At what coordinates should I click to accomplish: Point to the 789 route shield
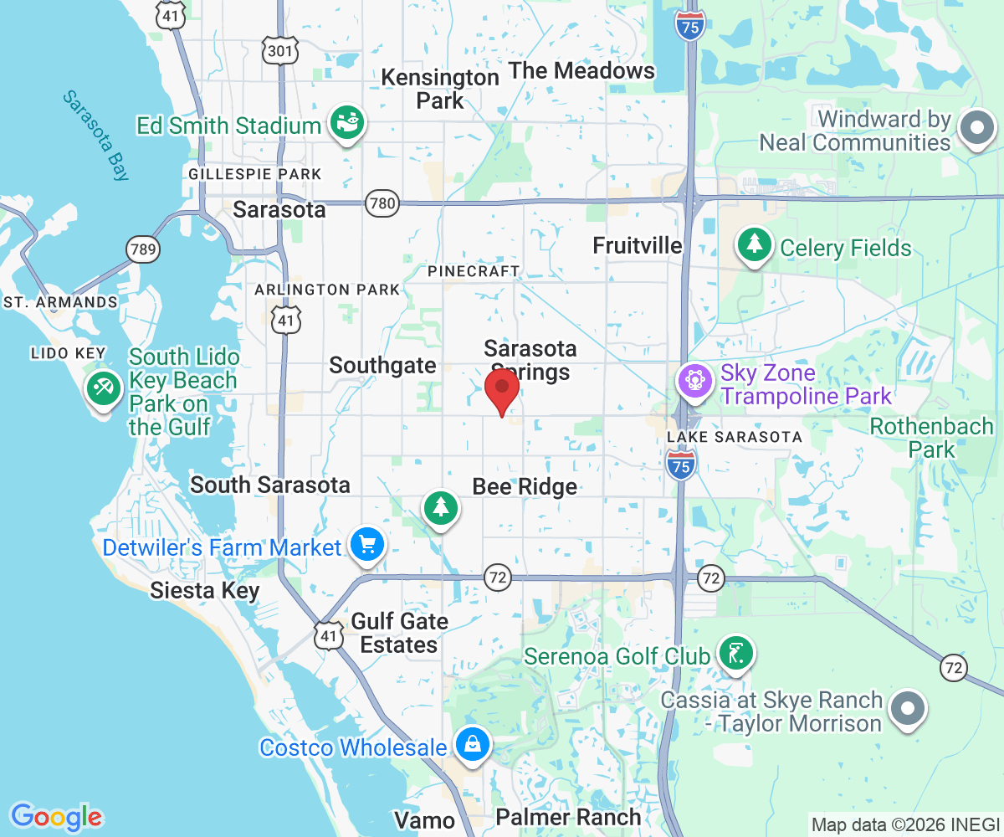tap(143, 249)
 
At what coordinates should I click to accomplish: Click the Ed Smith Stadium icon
tap(346, 126)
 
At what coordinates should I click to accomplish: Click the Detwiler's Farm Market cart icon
tap(366, 546)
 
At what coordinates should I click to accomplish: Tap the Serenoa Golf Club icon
tap(735, 654)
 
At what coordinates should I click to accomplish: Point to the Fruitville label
tap(638, 245)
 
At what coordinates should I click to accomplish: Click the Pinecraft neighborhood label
tap(474, 271)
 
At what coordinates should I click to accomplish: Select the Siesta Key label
tap(205, 591)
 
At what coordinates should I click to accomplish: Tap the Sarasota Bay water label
tap(96, 135)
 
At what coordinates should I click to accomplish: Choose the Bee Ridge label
tap(525, 486)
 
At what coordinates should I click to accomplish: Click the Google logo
tap(56, 816)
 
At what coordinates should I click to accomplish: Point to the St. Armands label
tap(60, 302)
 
